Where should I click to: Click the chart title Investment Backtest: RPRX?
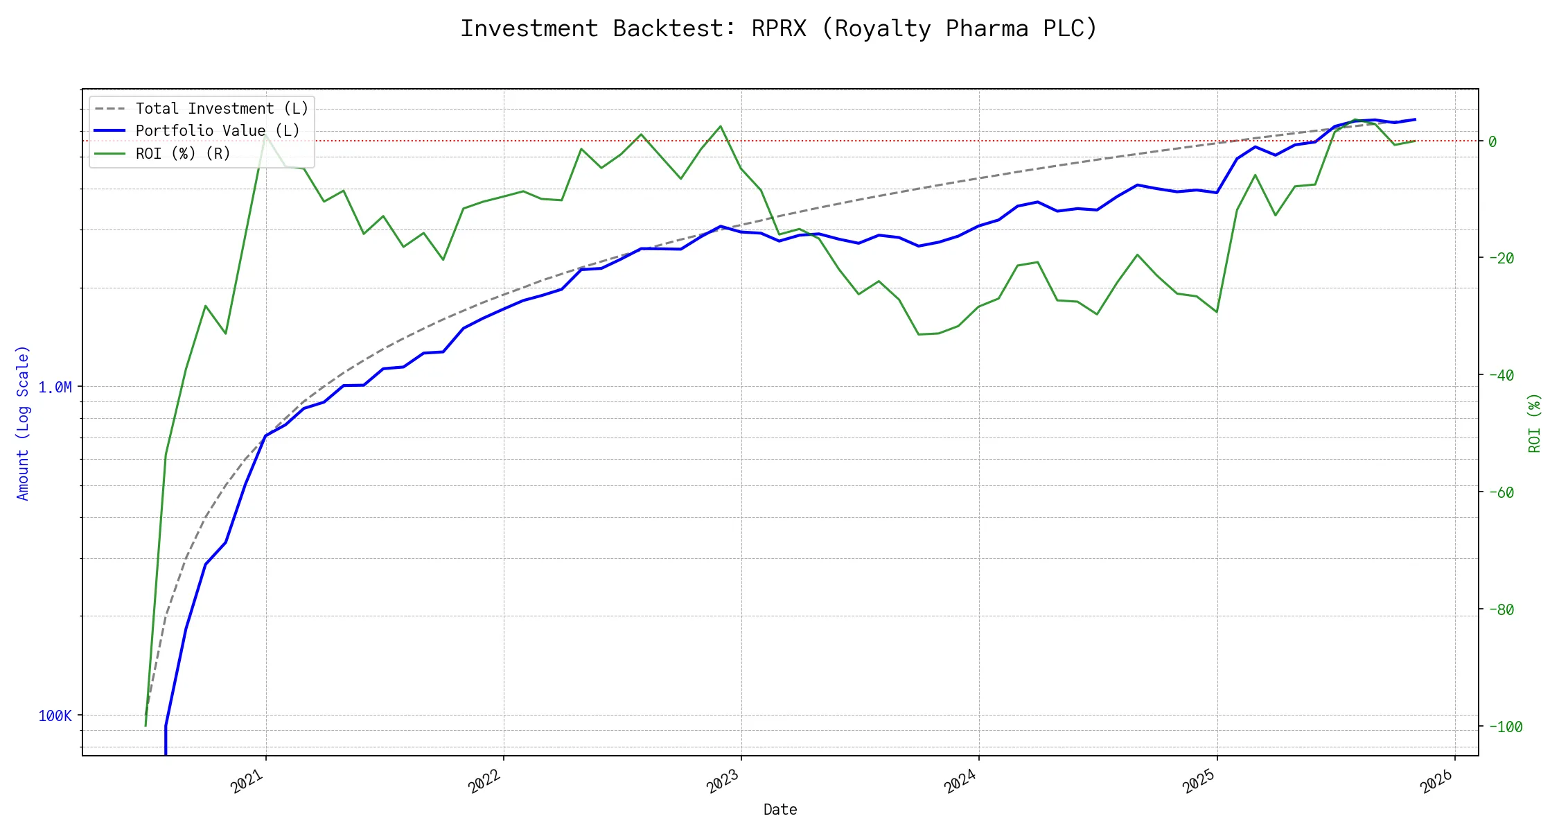(x=779, y=28)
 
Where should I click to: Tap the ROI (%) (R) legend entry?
(x=183, y=153)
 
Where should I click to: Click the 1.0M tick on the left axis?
(x=55, y=387)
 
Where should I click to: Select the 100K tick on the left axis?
(x=55, y=716)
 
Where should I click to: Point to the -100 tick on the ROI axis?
(x=1505, y=727)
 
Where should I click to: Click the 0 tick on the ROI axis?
(x=1492, y=141)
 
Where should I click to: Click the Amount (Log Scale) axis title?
(x=23, y=423)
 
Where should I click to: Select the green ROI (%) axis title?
(x=1534, y=423)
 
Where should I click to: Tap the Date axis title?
(x=780, y=809)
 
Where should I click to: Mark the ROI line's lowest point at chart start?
(x=146, y=726)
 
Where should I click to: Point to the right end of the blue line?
(x=1415, y=119)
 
